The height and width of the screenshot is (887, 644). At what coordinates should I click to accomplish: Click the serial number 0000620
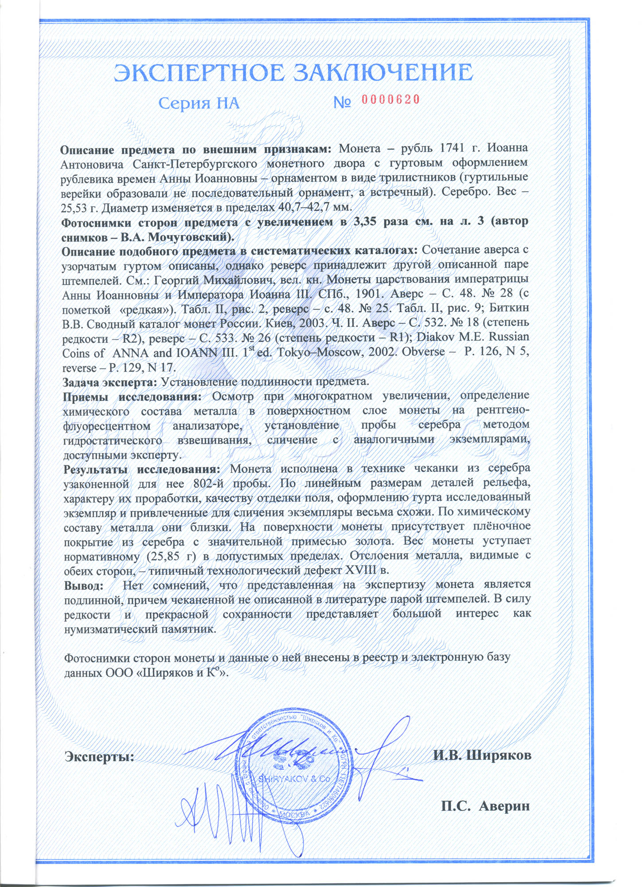(x=390, y=99)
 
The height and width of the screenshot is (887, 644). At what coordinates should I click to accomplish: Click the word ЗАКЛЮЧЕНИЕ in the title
(x=384, y=72)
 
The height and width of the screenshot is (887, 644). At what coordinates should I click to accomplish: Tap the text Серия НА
(x=199, y=103)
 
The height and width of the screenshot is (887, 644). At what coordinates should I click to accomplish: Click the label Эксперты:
(x=100, y=756)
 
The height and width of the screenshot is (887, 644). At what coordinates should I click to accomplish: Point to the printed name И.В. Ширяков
(x=482, y=755)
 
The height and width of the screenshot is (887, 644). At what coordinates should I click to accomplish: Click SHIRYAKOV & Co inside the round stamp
(x=295, y=779)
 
